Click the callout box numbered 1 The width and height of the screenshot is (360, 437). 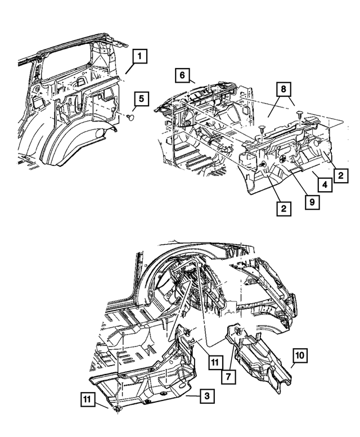(x=140, y=57)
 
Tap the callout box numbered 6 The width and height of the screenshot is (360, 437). (x=182, y=74)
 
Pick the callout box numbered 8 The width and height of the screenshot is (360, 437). (x=285, y=89)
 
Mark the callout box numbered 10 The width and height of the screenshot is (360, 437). (x=299, y=356)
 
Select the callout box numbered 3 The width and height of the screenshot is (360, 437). (x=207, y=397)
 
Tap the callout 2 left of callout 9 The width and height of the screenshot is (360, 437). (x=283, y=209)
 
